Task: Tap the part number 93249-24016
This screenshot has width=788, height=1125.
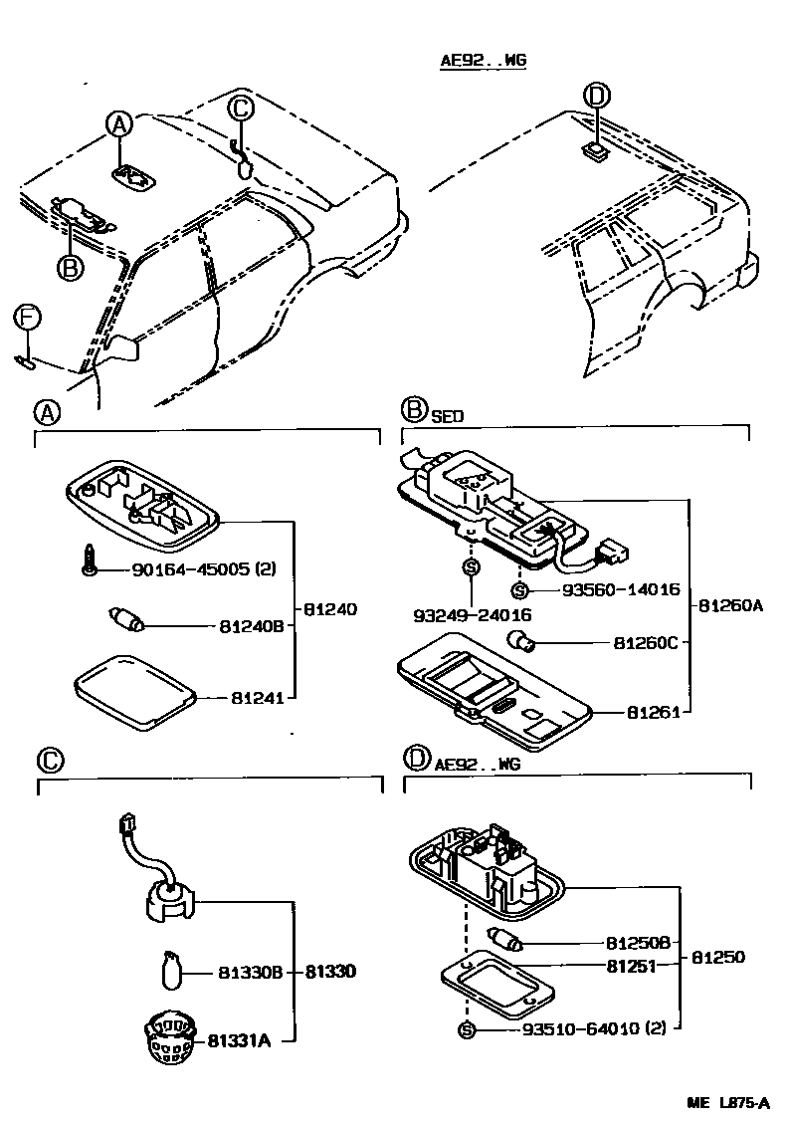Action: tap(472, 615)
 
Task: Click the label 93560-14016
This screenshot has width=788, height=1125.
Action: tap(621, 589)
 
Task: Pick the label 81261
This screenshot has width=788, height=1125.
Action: tap(652, 713)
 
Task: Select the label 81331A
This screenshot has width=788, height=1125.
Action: tap(240, 1040)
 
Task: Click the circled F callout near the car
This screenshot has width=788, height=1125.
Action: tap(28, 319)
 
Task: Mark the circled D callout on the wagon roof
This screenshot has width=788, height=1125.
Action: tap(595, 96)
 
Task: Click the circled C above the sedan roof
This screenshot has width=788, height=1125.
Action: tap(241, 108)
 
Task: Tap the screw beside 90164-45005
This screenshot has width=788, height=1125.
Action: tap(89, 564)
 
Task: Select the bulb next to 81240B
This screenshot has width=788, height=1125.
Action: tap(126, 623)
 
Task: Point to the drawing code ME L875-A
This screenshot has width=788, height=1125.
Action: tap(727, 1103)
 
